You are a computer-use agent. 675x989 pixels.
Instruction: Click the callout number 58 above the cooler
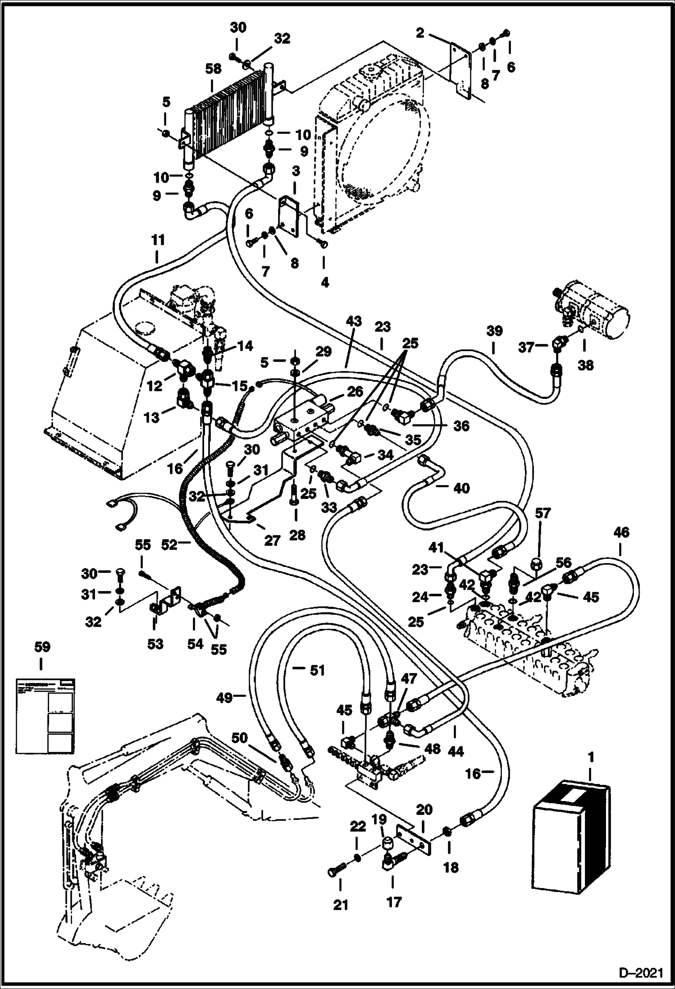[213, 69]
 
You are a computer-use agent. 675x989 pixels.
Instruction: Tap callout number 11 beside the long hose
[158, 241]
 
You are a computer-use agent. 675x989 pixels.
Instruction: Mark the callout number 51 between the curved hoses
[317, 670]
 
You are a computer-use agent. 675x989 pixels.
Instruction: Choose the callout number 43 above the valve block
[354, 321]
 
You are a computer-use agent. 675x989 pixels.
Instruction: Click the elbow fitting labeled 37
[557, 346]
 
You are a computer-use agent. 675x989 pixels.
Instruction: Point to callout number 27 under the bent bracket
[272, 540]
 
